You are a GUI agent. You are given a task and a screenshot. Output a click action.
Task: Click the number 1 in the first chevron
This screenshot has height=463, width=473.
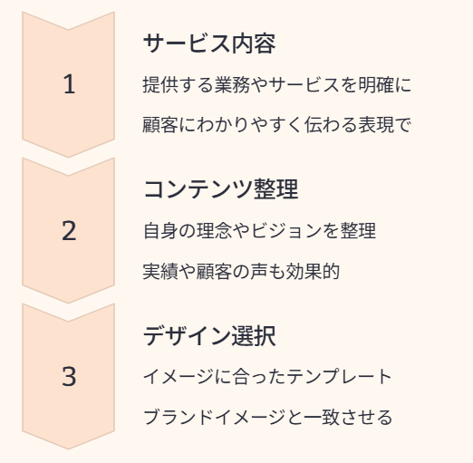(70, 84)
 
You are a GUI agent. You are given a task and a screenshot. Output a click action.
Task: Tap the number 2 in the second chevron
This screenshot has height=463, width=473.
(69, 230)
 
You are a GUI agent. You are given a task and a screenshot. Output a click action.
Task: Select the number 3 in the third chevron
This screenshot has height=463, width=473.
(69, 376)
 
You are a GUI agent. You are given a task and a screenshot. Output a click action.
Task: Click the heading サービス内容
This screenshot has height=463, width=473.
(209, 43)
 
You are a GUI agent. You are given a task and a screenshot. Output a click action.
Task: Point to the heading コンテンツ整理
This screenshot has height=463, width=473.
(221, 189)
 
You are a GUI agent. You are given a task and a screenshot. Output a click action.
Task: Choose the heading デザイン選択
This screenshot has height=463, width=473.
(209, 335)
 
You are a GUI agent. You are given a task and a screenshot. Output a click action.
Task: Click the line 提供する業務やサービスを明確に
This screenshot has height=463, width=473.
(276, 84)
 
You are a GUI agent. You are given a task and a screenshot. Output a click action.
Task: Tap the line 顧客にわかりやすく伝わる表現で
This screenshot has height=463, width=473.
(276, 125)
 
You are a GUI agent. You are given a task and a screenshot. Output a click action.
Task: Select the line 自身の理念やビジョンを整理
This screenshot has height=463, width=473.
(259, 231)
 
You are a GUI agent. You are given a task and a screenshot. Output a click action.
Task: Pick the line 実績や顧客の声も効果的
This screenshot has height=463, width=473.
(241, 271)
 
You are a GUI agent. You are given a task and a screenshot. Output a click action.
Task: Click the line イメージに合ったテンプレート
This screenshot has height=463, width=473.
(267, 377)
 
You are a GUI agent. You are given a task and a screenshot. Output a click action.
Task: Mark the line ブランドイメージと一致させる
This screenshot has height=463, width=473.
(268, 417)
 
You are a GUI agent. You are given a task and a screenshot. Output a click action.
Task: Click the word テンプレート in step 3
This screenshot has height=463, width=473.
(339, 377)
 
